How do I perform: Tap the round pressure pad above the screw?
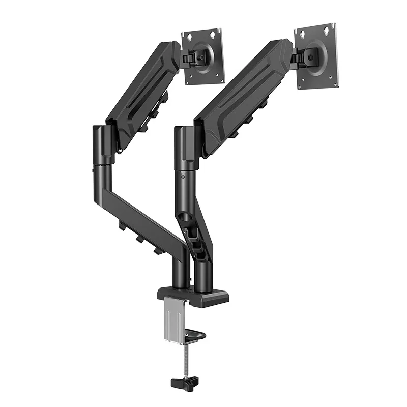(x=195, y=336)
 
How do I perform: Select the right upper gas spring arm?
(x=242, y=97)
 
